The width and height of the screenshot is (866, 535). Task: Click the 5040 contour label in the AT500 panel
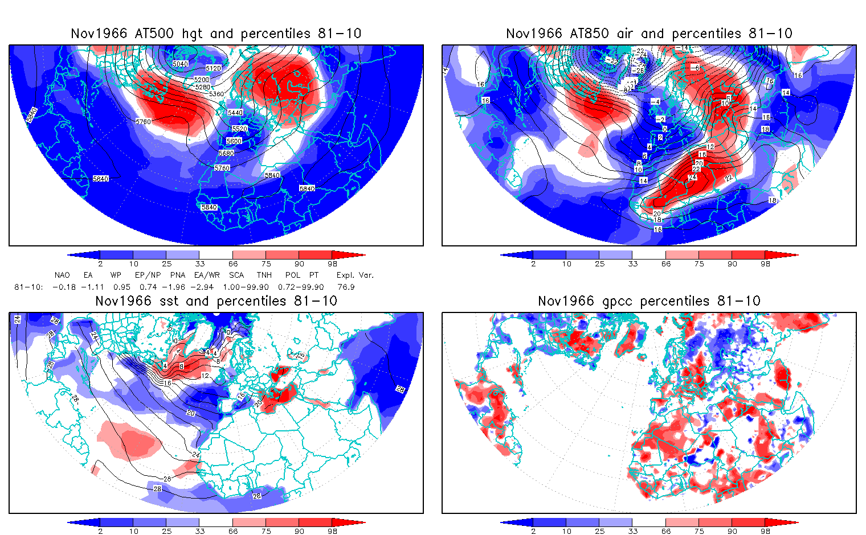(x=180, y=64)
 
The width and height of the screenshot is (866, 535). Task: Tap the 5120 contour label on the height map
(x=213, y=68)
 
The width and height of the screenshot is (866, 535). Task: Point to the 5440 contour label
(x=235, y=113)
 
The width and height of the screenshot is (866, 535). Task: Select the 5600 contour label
(x=234, y=141)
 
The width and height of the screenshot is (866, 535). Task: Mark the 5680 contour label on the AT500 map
(x=227, y=153)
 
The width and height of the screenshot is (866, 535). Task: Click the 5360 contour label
(x=217, y=94)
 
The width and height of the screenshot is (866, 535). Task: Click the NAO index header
(x=62, y=275)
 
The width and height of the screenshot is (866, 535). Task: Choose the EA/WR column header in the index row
(x=207, y=275)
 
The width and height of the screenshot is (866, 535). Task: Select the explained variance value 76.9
(x=346, y=287)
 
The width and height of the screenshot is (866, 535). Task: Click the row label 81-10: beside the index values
(x=28, y=287)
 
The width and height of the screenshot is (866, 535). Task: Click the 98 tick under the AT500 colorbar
(x=333, y=264)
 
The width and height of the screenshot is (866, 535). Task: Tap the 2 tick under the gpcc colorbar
(x=533, y=531)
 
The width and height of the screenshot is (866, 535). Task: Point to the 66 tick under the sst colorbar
(x=233, y=531)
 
